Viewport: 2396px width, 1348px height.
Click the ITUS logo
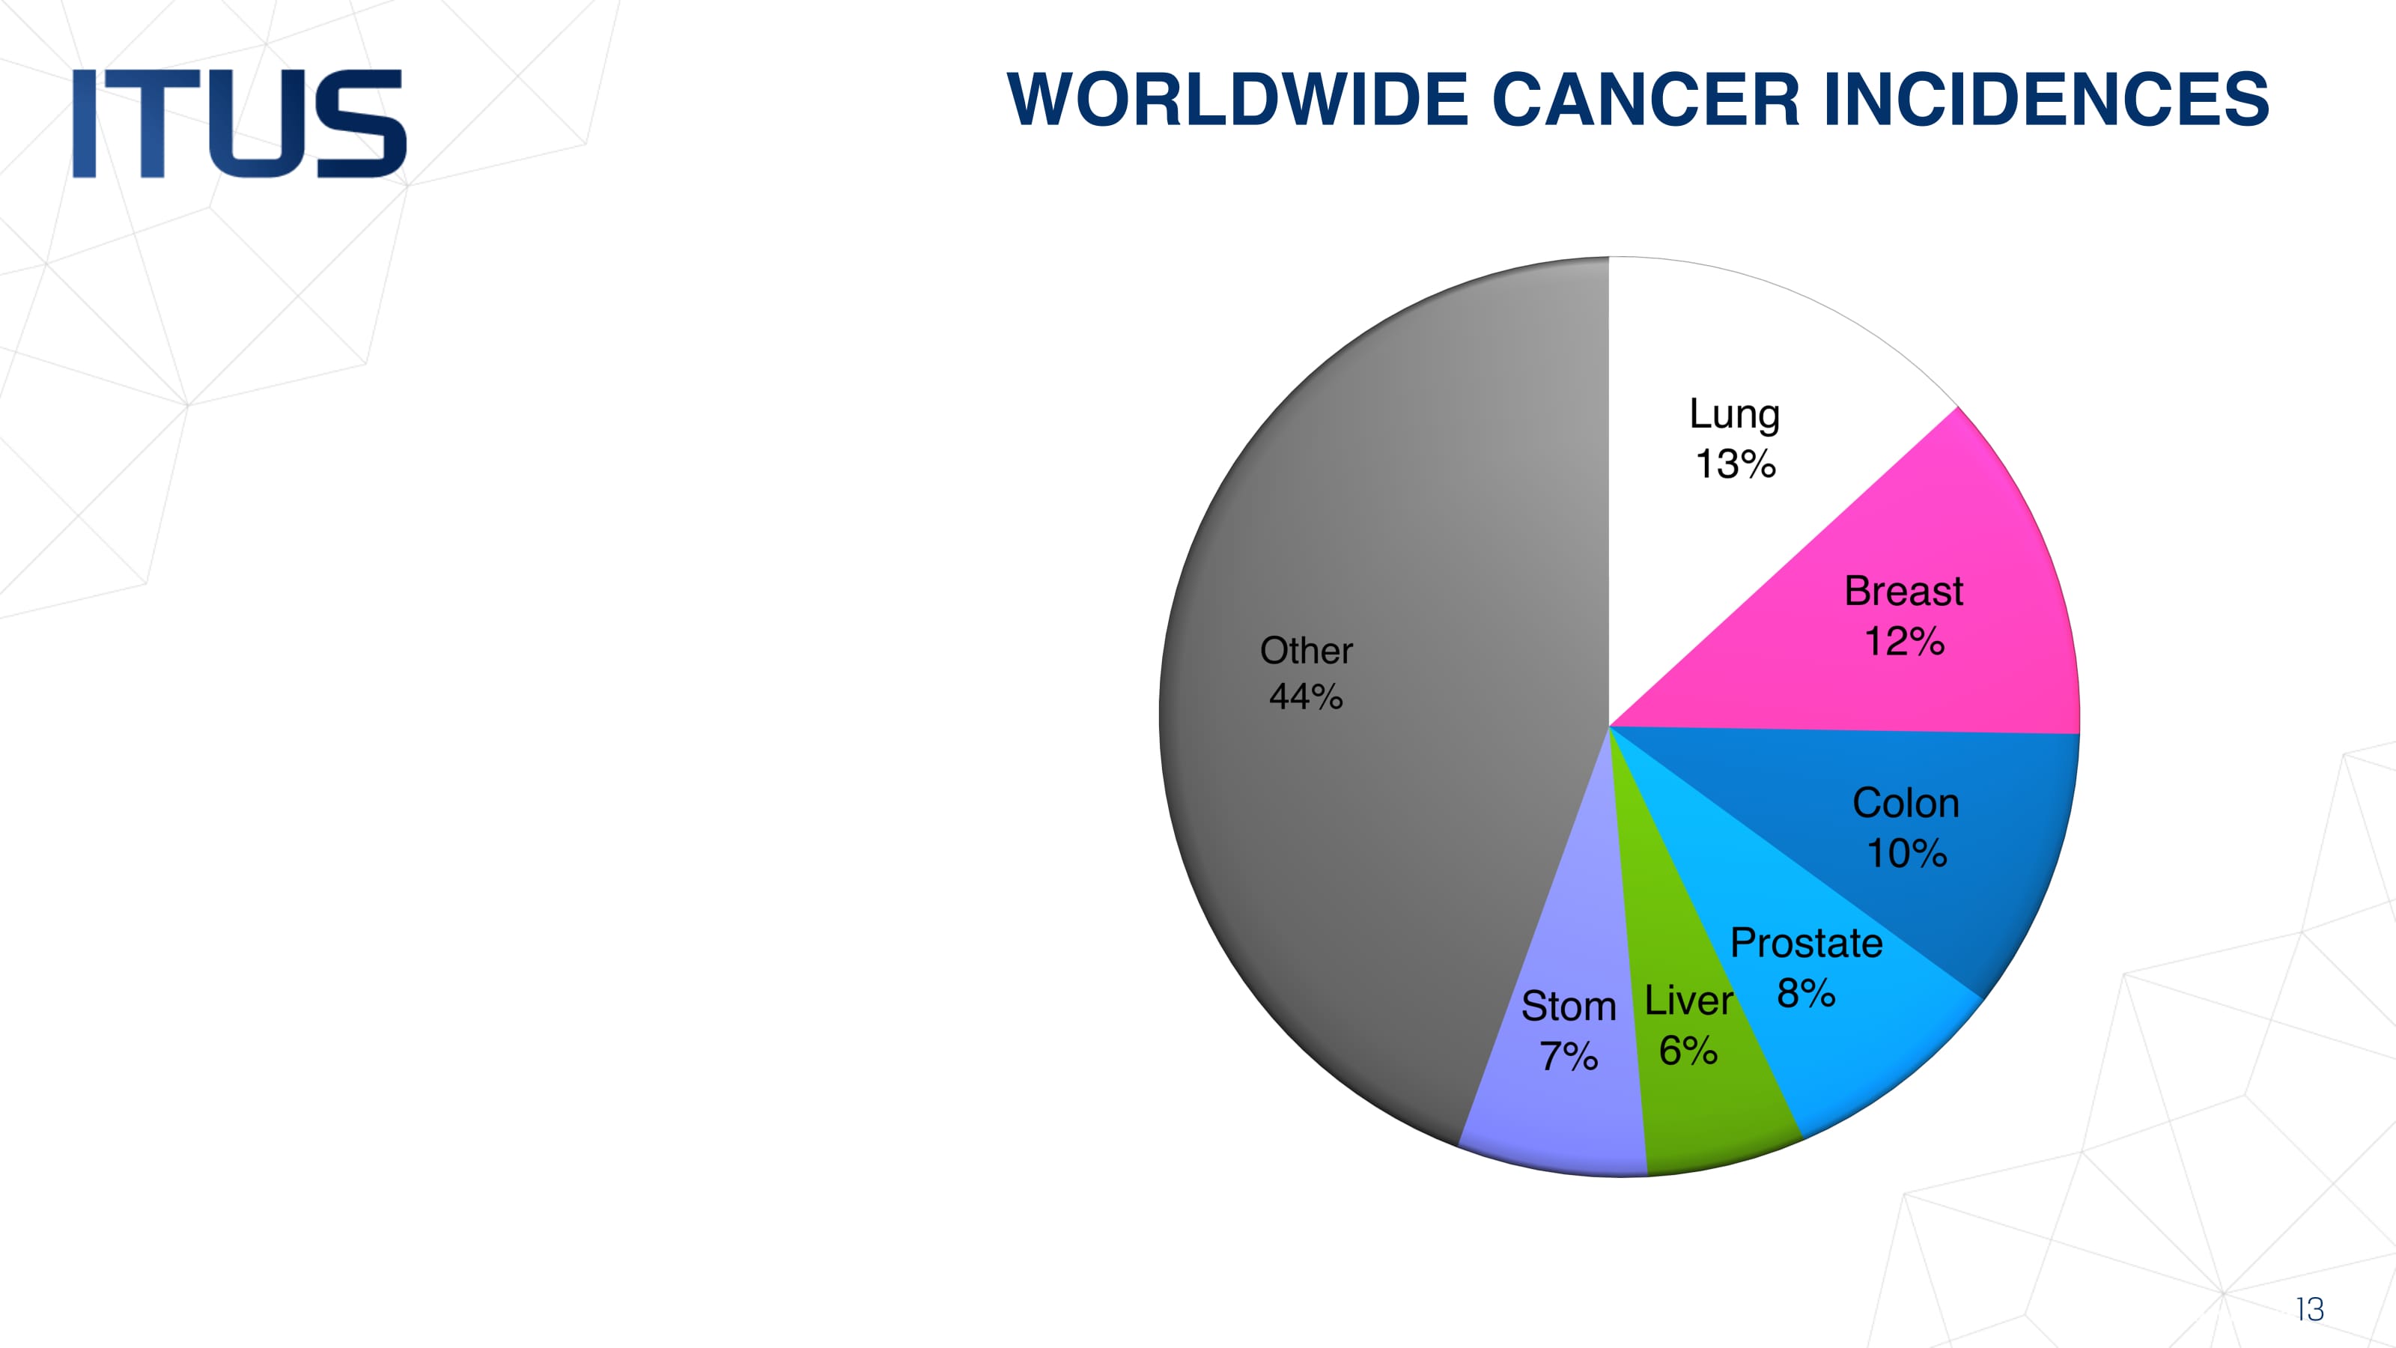[239, 123]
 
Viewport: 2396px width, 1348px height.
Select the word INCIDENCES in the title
[2046, 99]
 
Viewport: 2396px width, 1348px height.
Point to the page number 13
[2309, 1309]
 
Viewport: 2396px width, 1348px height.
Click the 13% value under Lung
[1736, 464]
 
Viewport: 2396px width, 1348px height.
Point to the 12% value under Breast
[1904, 641]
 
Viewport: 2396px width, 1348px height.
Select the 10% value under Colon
[1907, 853]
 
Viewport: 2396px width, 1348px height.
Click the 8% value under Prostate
[1806, 994]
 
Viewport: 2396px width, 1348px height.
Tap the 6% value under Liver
[1688, 1051]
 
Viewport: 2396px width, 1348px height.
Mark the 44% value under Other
[1306, 696]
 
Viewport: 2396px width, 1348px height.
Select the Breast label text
[1904, 592]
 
